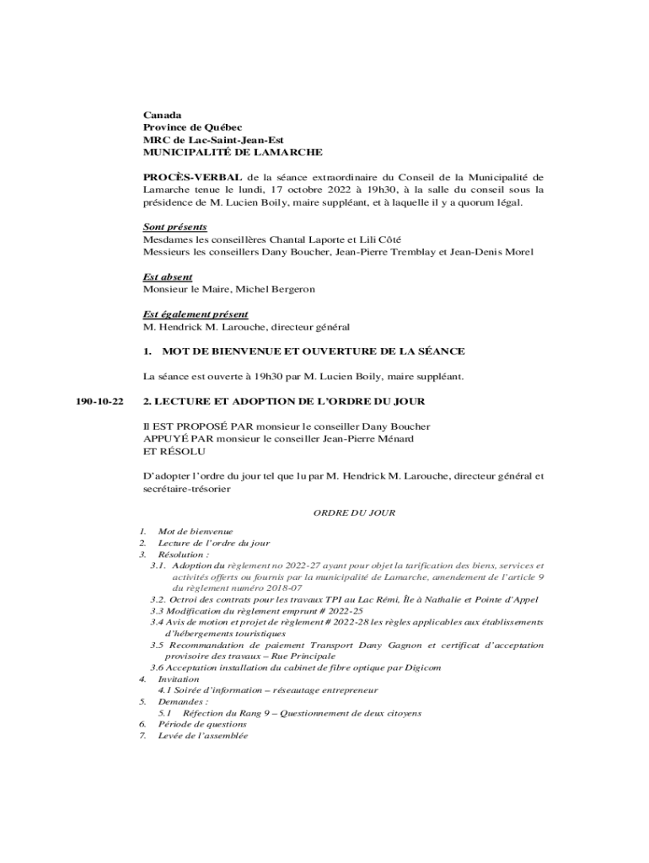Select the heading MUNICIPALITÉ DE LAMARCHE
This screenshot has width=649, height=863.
pyautogui.click(x=232, y=153)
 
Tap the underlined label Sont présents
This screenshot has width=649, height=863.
pyautogui.click(x=175, y=228)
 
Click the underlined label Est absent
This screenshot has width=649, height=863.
pyautogui.click(x=168, y=276)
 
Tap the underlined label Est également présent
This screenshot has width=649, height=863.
pyautogui.click(x=196, y=314)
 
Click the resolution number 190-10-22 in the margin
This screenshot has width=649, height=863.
pyautogui.click(x=99, y=401)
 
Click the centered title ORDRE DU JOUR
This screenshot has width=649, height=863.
pyautogui.click(x=354, y=512)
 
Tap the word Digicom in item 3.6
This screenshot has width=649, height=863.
pyautogui.click(x=421, y=667)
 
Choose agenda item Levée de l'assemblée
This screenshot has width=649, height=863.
pyautogui.click(x=203, y=736)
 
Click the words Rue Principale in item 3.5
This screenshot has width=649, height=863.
pyautogui.click(x=304, y=656)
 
